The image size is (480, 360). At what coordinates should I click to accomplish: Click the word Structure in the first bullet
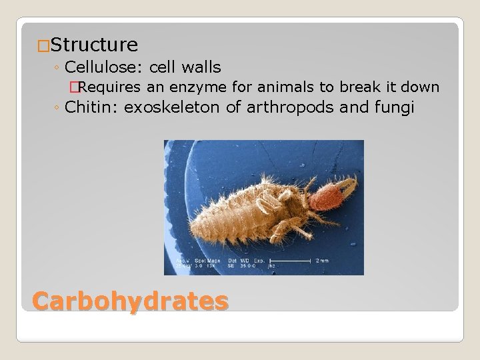pyautogui.click(x=94, y=45)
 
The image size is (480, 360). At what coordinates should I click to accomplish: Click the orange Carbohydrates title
pyautogui.click(x=131, y=301)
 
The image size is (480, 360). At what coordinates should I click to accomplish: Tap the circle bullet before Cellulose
pyautogui.click(x=59, y=68)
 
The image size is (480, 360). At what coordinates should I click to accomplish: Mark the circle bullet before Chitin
pyautogui.click(x=59, y=108)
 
